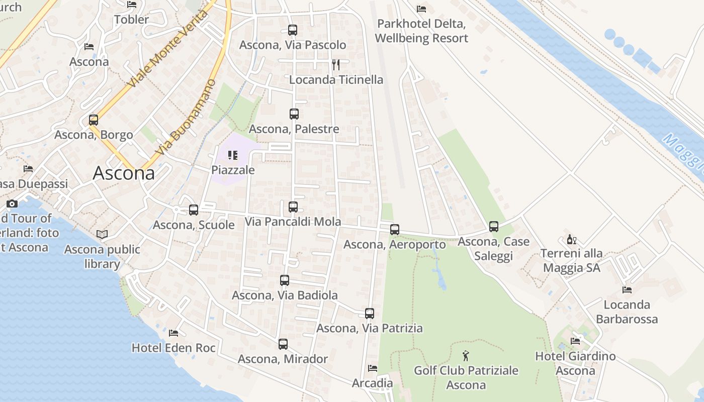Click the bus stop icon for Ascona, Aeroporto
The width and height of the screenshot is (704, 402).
click(x=395, y=230)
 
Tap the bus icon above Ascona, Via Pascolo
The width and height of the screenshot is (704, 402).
click(x=293, y=30)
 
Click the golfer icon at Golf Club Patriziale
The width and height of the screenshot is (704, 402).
click(x=466, y=356)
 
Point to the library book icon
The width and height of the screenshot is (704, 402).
click(x=102, y=234)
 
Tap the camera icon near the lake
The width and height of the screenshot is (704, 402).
click(x=12, y=204)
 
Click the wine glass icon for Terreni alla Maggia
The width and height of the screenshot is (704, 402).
click(x=572, y=239)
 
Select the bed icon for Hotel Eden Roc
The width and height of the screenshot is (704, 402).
click(x=173, y=333)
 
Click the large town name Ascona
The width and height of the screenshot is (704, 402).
click(x=124, y=173)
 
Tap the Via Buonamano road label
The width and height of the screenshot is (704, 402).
click(x=186, y=117)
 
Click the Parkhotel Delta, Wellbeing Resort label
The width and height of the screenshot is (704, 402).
click(x=421, y=31)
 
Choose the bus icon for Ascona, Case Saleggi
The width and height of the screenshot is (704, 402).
click(x=494, y=227)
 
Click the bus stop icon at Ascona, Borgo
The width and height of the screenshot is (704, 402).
click(x=94, y=120)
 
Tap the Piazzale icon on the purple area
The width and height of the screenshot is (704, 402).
click(x=232, y=155)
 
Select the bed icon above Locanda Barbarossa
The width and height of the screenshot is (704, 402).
click(x=627, y=289)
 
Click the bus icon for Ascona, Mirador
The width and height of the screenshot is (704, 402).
click(x=283, y=344)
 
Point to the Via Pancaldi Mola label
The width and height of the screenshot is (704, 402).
click(x=293, y=222)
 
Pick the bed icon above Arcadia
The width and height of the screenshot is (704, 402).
click(x=372, y=368)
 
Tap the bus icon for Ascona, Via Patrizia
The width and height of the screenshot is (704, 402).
click(x=370, y=314)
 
